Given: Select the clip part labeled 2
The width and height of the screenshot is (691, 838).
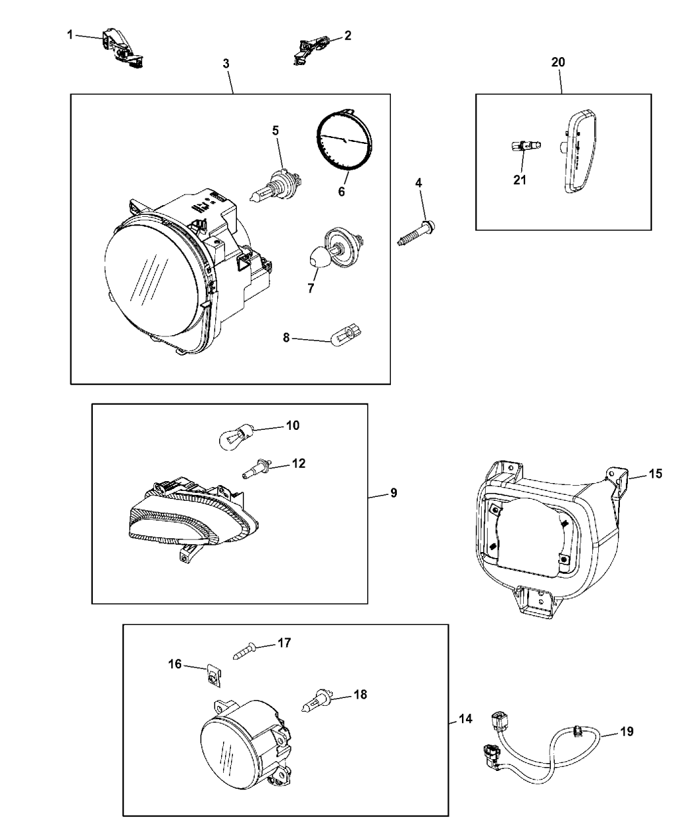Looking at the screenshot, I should pyautogui.click(x=309, y=49).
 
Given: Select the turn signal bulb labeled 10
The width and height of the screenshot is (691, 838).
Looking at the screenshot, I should pyautogui.click(x=234, y=436).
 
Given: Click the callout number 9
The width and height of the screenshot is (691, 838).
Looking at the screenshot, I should pyautogui.click(x=394, y=492).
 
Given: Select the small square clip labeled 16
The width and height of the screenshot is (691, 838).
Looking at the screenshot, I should pyautogui.click(x=212, y=674).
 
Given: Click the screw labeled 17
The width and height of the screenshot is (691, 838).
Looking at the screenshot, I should pyautogui.click(x=247, y=651).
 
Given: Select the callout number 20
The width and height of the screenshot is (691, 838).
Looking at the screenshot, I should pyautogui.click(x=558, y=62).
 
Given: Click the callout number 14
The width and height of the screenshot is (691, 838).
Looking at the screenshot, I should pyautogui.click(x=465, y=719).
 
